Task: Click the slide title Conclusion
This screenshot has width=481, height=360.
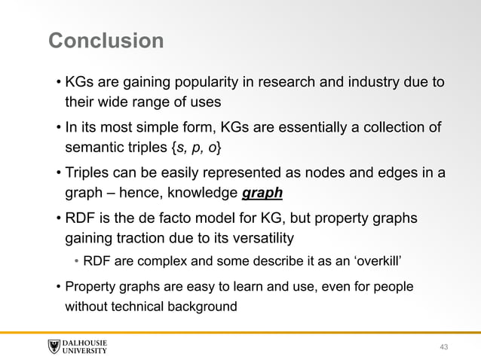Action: (106, 40)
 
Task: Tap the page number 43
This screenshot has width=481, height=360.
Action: (443, 346)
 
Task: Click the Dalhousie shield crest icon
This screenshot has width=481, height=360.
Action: (54, 346)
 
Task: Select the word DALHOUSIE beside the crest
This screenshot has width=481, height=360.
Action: (85, 343)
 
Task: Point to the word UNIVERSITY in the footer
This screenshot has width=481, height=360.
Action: (85, 351)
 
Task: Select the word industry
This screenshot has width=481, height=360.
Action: (370, 81)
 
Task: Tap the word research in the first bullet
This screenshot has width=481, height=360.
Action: (299, 81)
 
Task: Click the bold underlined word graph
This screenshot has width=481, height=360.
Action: (262, 193)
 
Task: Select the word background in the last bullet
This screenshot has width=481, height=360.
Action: (201, 307)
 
